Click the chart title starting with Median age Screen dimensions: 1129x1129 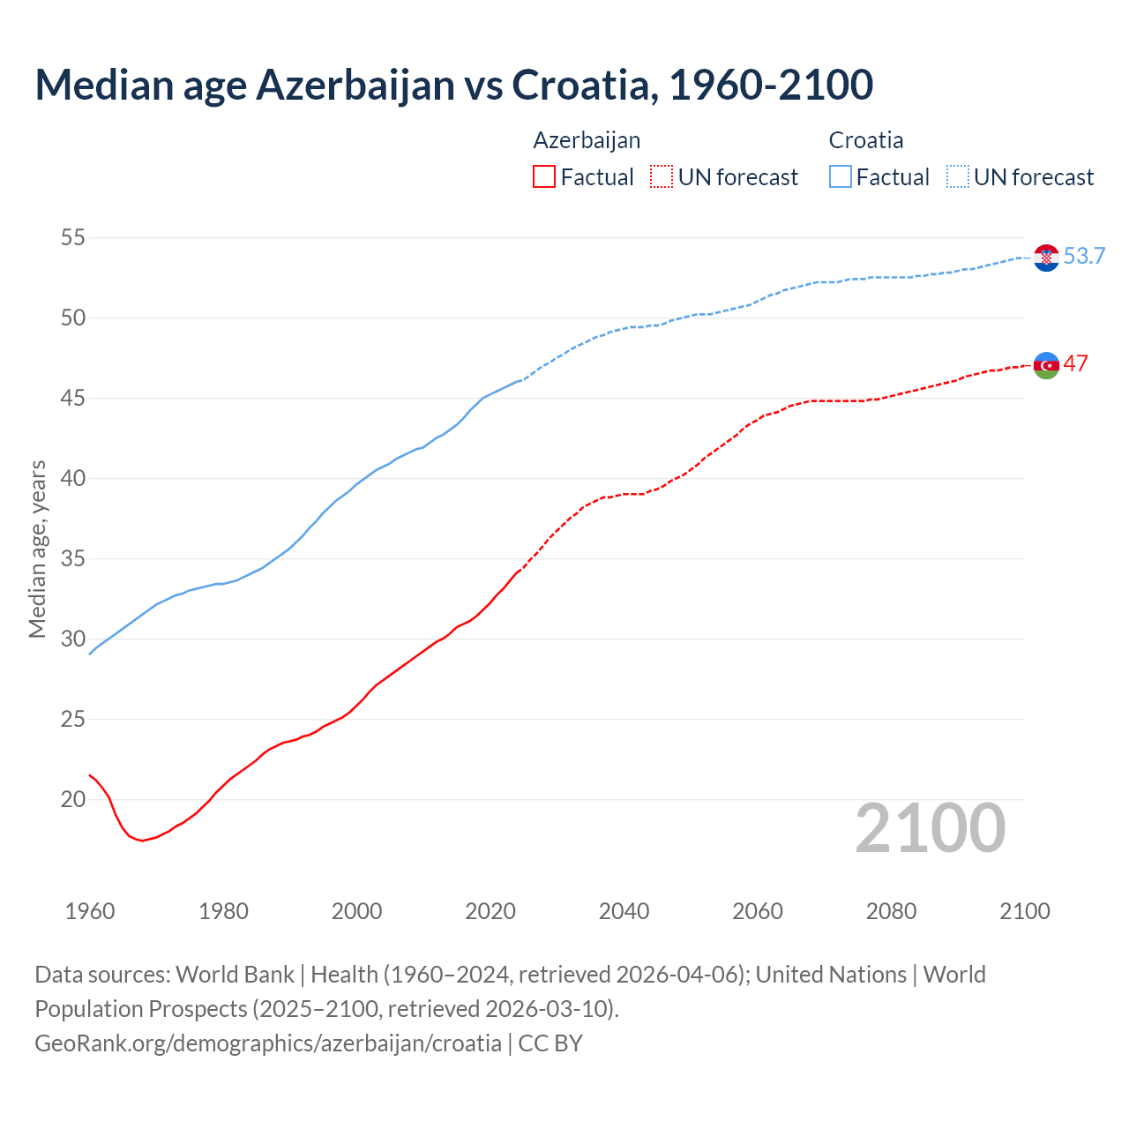click(x=453, y=85)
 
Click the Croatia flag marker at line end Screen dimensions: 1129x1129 click(x=1046, y=258)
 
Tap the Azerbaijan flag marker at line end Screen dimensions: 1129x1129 click(x=1046, y=365)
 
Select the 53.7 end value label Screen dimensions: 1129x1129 click(x=1084, y=257)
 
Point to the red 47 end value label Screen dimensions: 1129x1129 click(x=1075, y=364)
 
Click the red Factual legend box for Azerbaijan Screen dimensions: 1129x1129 click(x=544, y=177)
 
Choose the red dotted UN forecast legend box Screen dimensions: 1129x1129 click(x=662, y=177)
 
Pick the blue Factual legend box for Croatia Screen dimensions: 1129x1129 click(x=841, y=177)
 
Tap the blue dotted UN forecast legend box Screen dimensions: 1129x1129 click(x=957, y=177)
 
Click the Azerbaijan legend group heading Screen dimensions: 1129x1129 click(x=587, y=140)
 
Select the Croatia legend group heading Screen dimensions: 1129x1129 click(x=865, y=140)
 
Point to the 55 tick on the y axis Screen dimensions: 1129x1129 click(x=72, y=237)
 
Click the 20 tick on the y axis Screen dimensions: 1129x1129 click(x=72, y=800)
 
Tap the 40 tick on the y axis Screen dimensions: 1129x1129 click(x=72, y=478)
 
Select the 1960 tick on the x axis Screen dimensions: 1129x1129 click(x=90, y=911)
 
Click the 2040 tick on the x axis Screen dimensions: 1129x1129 click(x=624, y=911)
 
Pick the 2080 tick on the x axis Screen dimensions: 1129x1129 click(x=891, y=911)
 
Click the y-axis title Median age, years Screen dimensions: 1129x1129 click(x=37, y=549)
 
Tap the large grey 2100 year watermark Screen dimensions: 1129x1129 click(x=930, y=828)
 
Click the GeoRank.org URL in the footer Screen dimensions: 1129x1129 click(x=268, y=1043)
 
